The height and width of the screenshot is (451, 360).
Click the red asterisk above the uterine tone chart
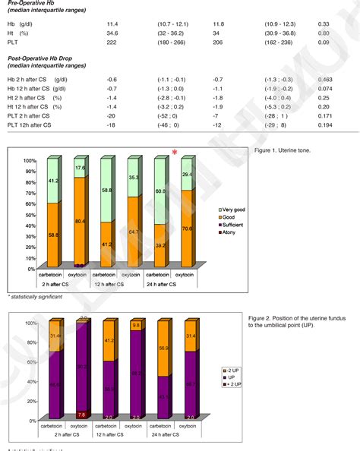[175, 153]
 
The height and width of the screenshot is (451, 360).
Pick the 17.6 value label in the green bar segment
[81, 168]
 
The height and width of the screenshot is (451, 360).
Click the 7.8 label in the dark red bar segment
[81, 415]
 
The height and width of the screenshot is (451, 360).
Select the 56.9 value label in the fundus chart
[163, 348]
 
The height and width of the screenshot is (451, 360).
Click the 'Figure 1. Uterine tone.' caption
[279, 151]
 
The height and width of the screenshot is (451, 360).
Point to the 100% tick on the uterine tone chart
[30, 161]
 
